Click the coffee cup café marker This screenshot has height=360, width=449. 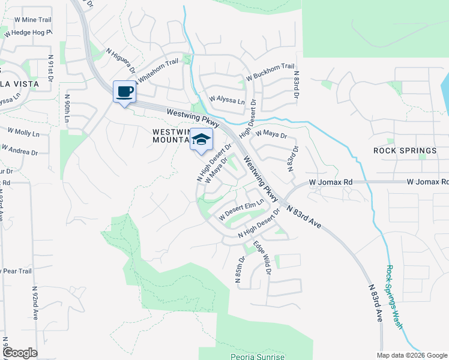point(124,92)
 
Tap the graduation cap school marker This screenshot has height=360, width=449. point(202,142)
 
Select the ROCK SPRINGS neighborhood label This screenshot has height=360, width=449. point(405,151)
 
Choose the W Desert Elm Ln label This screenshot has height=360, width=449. point(241,209)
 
